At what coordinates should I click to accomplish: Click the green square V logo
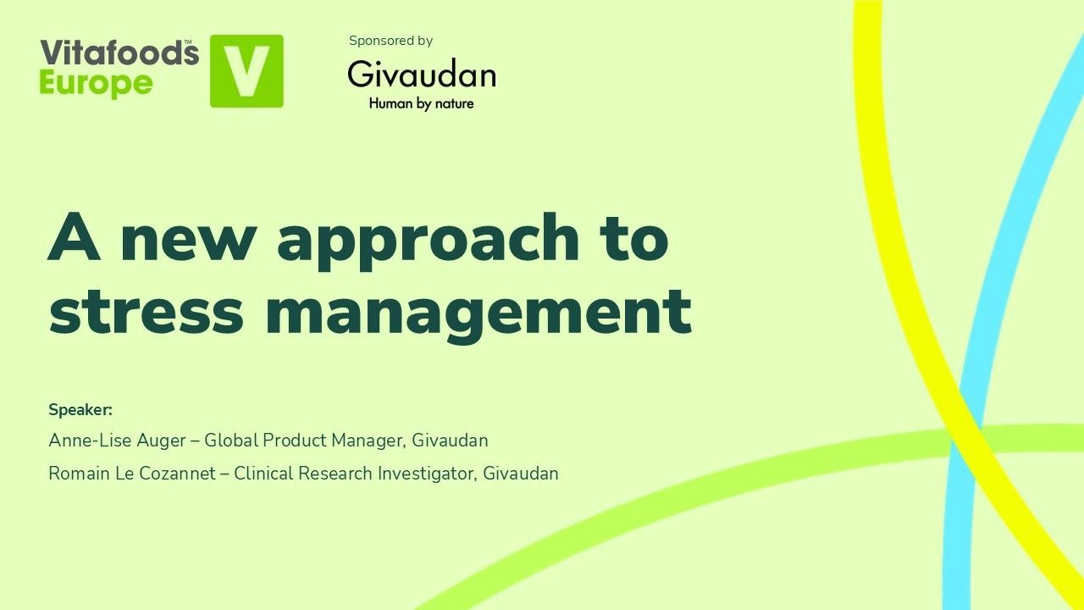click(246, 71)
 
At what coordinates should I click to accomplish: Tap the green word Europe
click(96, 83)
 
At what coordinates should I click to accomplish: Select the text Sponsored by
click(390, 41)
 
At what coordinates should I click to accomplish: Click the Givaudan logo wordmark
click(421, 75)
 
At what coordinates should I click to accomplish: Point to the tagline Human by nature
click(421, 104)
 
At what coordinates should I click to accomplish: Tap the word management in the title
click(478, 312)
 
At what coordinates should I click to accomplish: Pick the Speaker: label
click(80, 410)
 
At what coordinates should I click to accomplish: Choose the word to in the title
click(634, 239)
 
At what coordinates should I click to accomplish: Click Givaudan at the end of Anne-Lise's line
click(451, 441)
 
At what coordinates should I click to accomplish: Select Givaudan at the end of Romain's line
click(521, 474)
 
